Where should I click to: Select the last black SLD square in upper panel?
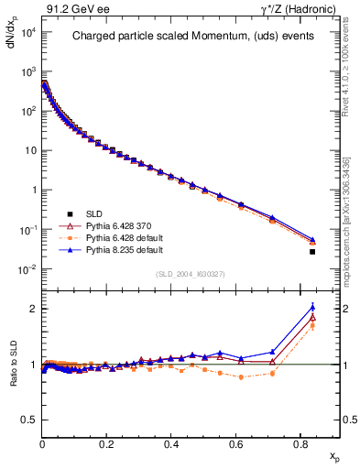[x=312, y=252]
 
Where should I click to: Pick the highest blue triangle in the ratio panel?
[x=312, y=307]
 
